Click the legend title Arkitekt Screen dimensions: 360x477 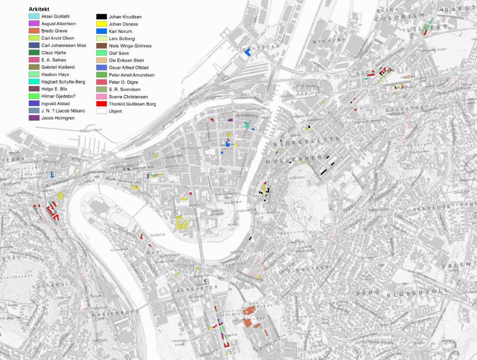click(x=39, y=9)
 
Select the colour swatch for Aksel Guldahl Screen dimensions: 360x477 click(x=34, y=16)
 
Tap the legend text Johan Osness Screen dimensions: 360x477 click(x=123, y=24)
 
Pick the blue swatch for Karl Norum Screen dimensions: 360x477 click(x=102, y=31)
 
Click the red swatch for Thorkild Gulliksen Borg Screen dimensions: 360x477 click(x=102, y=104)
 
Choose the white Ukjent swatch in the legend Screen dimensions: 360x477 click(x=102, y=111)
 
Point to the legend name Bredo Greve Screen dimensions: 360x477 click(x=54, y=31)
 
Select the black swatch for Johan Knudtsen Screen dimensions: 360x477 click(x=102, y=17)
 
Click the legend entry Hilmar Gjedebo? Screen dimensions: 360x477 click(x=58, y=96)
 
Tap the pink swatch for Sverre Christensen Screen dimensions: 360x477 click(x=102, y=97)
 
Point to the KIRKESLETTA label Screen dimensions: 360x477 click(x=307, y=141)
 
